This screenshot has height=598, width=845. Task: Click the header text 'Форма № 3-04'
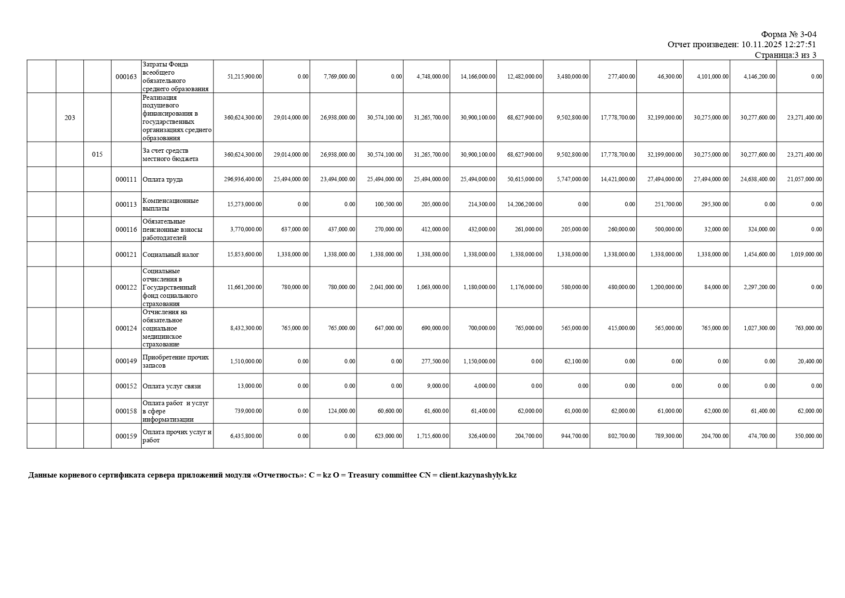[789, 34]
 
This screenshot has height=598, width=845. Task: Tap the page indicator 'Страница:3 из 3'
[785, 55]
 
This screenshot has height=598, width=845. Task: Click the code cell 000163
[126, 77]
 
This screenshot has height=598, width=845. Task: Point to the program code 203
[70, 118]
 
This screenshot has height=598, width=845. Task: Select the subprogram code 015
[97, 155]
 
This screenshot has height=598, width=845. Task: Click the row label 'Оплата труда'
[163, 180]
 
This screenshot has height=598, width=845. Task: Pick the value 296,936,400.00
[243, 179]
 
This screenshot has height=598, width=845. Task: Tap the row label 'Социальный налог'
[171, 255]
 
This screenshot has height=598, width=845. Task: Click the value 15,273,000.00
[245, 204]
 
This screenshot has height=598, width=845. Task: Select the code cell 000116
[126, 229]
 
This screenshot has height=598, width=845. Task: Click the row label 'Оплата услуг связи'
[172, 386]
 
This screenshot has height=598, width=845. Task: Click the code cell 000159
[126, 437]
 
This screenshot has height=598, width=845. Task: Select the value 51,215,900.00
[245, 77]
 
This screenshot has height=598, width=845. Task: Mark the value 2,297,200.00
[758, 287]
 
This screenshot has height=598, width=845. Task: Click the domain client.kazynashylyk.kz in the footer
[478, 475]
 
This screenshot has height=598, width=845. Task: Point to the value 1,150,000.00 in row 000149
[479, 361]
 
